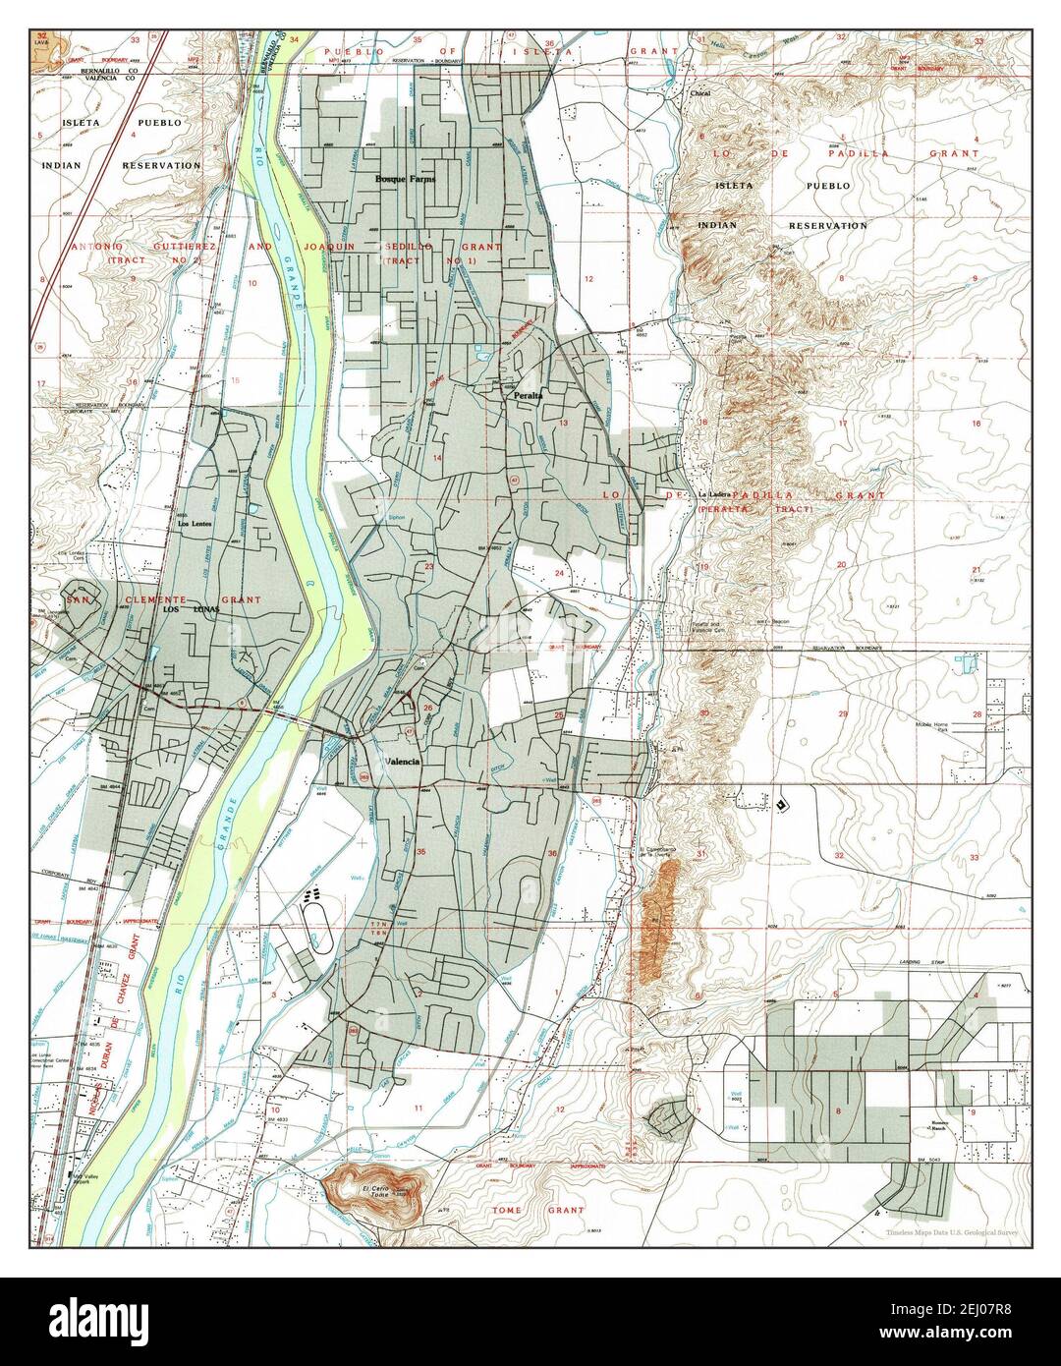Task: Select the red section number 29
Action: tap(842, 713)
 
